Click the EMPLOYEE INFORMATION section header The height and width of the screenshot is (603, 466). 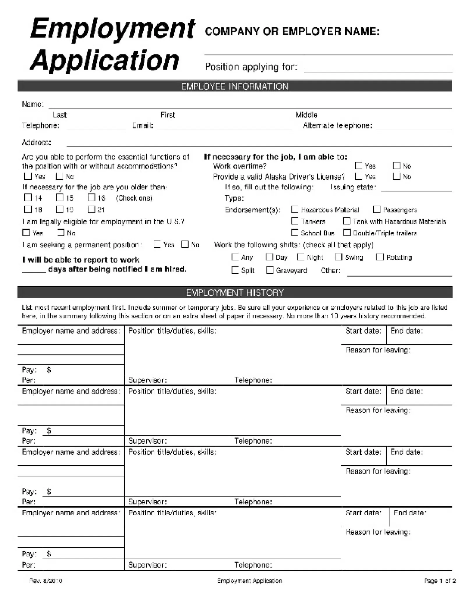(234, 86)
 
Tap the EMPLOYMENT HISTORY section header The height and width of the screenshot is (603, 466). (234, 292)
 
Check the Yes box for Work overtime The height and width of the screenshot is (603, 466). (359, 165)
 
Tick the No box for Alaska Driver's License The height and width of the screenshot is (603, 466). (396, 176)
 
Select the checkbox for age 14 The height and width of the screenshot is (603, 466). (28, 198)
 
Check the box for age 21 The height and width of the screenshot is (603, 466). (91, 209)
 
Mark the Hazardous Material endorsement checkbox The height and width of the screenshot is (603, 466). (295, 209)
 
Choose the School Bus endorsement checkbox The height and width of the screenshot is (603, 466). (295, 233)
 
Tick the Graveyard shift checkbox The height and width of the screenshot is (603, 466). (270, 270)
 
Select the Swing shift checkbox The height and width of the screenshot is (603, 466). (338, 257)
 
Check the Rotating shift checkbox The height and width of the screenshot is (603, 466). (379, 257)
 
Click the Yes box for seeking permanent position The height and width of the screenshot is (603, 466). (157, 244)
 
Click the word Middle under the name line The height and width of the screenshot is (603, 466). (306, 115)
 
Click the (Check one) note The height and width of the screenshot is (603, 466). (134, 198)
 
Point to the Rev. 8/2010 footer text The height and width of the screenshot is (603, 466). (46, 581)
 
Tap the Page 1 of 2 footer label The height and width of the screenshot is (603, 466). (439, 581)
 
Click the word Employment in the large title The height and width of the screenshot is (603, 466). (112, 29)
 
